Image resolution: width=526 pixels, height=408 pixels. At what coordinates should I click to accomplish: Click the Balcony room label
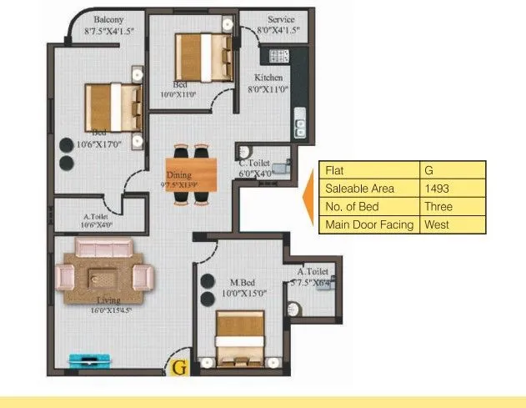point(109,19)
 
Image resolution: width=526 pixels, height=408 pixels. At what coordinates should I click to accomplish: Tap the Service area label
point(280,19)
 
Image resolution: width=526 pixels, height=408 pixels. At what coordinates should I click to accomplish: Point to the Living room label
point(108,300)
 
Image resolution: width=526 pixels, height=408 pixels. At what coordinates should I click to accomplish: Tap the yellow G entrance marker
point(178,365)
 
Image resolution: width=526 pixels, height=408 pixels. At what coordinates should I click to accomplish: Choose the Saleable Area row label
point(359,189)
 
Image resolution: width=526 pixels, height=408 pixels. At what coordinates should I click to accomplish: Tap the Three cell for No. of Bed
point(437,207)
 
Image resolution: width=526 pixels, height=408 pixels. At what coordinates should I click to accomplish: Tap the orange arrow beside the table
point(308,197)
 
